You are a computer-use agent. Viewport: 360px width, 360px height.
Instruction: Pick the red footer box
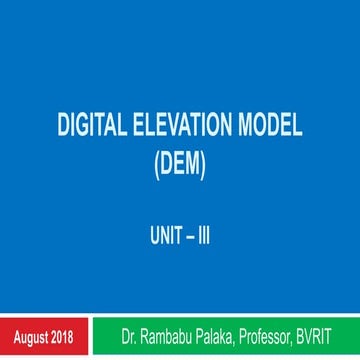pos(46,331)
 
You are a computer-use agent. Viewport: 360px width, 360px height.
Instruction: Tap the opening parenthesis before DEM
pos(155,162)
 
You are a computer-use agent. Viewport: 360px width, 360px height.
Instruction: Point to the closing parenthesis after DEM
pos(204,162)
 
